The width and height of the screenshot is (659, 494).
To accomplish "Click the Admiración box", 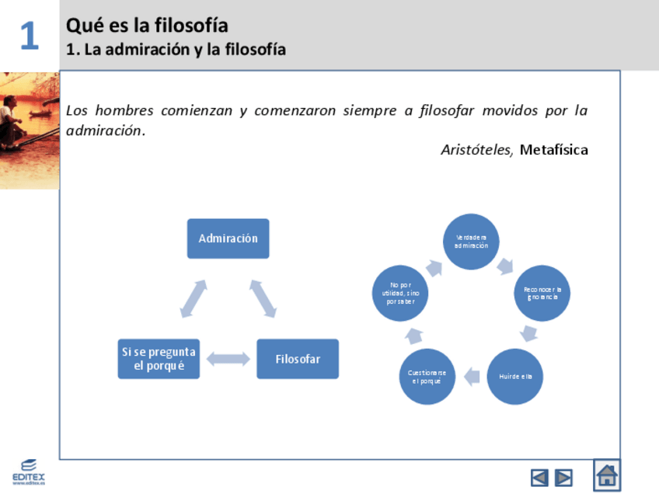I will click(x=228, y=238).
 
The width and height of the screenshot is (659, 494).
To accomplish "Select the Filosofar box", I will click(x=298, y=359).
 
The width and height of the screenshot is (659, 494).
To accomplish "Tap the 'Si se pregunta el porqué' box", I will click(x=159, y=359).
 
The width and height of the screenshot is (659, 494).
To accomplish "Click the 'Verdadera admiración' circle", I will click(x=471, y=242).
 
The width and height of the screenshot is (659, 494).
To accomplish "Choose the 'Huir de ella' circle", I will click(x=514, y=377).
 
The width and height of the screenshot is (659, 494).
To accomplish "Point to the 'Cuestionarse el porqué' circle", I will click(x=427, y=377).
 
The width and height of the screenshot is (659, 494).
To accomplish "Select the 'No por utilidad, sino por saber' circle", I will click(x=399, y=294).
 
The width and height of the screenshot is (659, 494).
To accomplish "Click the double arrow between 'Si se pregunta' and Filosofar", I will click(x=228, y=359).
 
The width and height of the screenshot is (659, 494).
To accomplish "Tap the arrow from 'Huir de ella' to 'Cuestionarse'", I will click(x=470, y=377).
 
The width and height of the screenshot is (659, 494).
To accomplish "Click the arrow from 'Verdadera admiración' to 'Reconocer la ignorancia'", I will click(x=506, y=266).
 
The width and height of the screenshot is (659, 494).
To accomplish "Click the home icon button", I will click(x=607, y=475).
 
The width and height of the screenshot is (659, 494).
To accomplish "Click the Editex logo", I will click(x=28, y=471).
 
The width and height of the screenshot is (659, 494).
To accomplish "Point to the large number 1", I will click(x=29, y=36).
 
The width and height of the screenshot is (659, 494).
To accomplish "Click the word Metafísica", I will click(x=553, y=150).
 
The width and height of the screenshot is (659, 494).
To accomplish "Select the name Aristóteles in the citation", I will click(x=476, y=150).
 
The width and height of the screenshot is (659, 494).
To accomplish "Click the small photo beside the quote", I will click(x=29, y=130).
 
